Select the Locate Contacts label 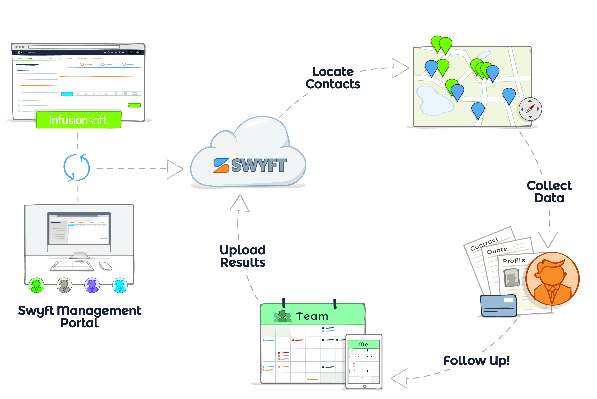333,78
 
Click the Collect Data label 549,192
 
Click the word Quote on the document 497,250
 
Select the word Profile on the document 514,261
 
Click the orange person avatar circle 552,279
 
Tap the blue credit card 499,306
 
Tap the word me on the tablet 363,344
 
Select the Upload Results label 243,256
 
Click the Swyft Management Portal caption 79,316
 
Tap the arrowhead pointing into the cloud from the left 175,169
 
